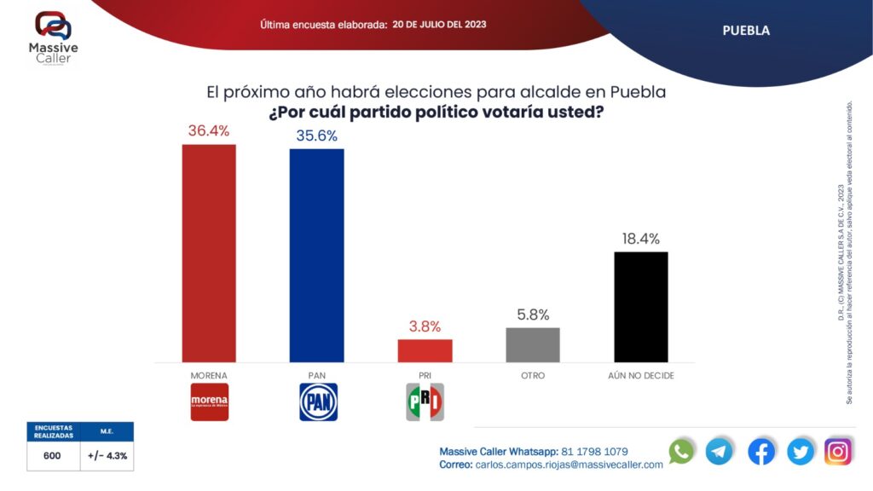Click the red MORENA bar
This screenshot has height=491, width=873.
tap(209, 253)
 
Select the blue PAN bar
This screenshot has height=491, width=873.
tap(316, 256)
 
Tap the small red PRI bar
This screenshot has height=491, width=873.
tap(425, 350)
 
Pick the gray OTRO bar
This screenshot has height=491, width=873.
tap(533, 344)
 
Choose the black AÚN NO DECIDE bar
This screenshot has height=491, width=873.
tap(640, 307)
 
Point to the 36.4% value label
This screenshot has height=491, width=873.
tap(209, 130)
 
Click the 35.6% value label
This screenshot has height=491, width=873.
tap(316, 136)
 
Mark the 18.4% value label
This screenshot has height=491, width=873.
tap(640, 239)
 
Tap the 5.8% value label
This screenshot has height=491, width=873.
tap(533, 315)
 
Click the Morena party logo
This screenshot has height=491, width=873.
tap(209, 401)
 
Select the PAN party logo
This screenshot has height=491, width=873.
tap(318, 401)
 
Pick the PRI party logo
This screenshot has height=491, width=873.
tap(425, 401)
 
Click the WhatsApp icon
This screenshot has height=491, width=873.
tap(681, 451)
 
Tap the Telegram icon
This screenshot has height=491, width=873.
tap(720, 451)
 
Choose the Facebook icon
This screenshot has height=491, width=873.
tap(761, 451)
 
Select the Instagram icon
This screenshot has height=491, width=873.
tap(838, 451)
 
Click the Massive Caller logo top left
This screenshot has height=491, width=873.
tap(54, 38)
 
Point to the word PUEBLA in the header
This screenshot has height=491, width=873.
tap(746, 31)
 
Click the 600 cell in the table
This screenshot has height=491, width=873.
tap(52, 456)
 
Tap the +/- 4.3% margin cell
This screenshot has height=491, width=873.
tap(107, 456)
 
